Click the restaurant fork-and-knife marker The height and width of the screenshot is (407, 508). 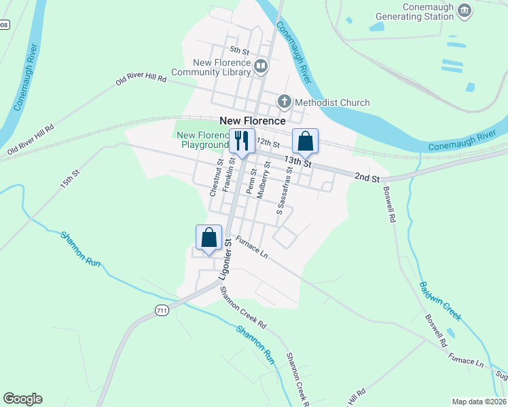[x=242, y=141]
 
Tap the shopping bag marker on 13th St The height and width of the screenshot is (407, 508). [x=306, y=141]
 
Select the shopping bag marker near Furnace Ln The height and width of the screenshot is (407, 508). [x=209, y=237]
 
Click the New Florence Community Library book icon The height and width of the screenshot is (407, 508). [x=261, y=66]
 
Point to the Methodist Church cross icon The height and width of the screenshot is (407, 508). [x=284, y=102]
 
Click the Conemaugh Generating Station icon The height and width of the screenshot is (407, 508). [x=465, y=9]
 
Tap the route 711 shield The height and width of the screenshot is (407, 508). [x=161, y=310]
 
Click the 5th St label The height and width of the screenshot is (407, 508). [x=240, y=50]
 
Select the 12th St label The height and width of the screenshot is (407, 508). [x=268, y=143]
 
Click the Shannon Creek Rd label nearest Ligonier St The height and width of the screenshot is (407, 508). [x=242, y=310]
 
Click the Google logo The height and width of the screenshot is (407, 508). [x=22, y=399]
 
